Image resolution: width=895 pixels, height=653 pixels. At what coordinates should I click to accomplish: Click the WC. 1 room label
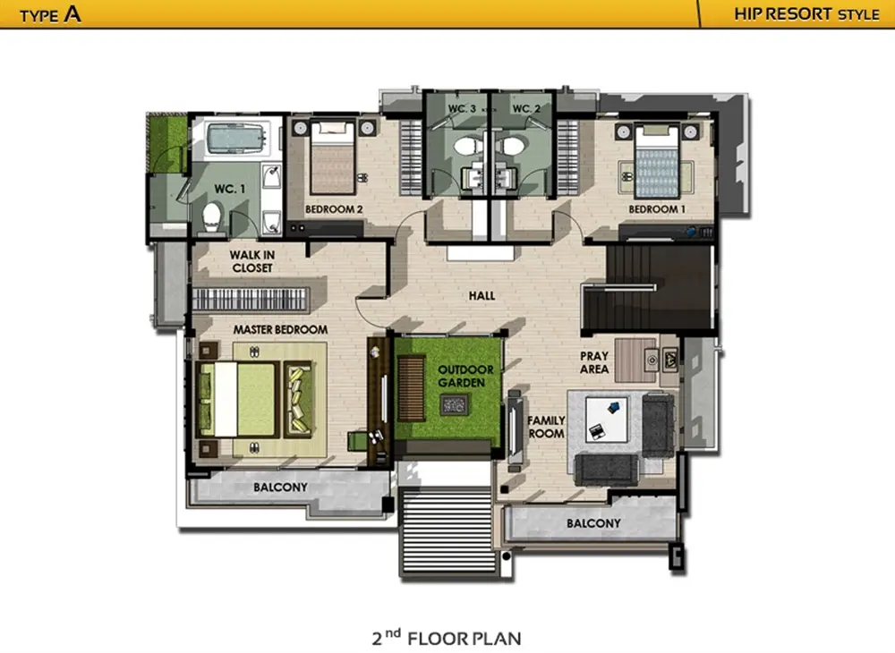click(229, 189)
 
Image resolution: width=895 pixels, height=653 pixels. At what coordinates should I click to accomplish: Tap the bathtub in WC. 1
click(236, 139)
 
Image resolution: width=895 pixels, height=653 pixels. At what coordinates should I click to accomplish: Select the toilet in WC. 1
click(212, 216)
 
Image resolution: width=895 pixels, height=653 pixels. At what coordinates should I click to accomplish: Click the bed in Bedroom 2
click(333, 158)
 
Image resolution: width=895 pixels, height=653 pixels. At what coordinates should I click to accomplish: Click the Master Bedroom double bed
click(238, 399)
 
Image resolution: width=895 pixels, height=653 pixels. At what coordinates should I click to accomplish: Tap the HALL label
click(482, 295)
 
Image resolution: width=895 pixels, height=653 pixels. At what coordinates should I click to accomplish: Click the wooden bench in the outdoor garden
click(411, 388)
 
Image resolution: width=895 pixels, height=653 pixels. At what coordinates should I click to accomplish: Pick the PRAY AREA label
click(594, 362)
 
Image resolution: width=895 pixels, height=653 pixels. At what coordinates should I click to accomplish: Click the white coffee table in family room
click(606, 420)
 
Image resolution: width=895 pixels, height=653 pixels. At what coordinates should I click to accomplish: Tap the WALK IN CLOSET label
click(252, 261)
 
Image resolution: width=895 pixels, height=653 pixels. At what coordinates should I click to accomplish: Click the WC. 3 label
click(462, 108)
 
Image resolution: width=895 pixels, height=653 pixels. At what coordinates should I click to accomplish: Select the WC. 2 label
click(526, 108)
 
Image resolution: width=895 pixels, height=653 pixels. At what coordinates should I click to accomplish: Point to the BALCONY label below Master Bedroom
click(280, 487)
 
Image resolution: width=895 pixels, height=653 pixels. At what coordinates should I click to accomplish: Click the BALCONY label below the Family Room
click(593, 523)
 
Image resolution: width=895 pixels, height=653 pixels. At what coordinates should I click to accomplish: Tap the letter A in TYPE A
click(72, 13)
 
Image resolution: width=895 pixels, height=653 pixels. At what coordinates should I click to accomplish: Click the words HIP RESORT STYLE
click(806, 13)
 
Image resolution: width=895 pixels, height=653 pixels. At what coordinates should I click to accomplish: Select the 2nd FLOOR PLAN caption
click(447, 638)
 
